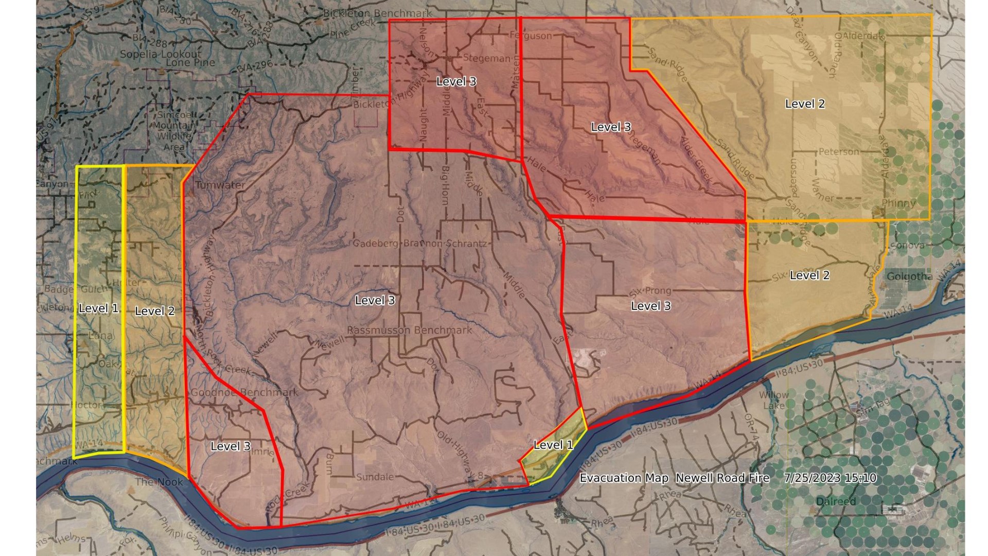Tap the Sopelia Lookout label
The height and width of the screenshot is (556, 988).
pos(161,54)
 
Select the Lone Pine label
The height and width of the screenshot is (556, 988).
pos(190,63)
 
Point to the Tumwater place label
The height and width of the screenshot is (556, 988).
pos(220,185)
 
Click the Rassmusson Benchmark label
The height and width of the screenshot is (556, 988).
pos(409,330)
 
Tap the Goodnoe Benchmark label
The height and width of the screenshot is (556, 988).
pos(244,392)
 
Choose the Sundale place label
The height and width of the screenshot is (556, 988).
pos(375,477)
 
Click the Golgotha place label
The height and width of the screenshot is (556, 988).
pos(909,276)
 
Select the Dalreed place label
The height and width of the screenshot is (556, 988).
pos(836,501)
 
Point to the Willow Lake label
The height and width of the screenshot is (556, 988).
pos(774,399)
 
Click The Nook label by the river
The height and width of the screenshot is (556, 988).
pos(159,482)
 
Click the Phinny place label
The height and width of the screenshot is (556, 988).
pos(898,203)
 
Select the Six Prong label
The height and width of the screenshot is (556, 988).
pos(650,291)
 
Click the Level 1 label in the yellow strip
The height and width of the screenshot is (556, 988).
pos(98,308)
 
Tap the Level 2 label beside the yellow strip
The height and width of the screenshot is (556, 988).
pos(154,311)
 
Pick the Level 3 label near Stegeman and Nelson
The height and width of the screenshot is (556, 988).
pos(456,81)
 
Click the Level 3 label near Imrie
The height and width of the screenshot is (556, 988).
pos(231,446)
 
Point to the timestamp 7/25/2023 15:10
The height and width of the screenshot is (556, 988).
pos(830,478)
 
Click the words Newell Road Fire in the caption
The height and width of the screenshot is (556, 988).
pos(722,478)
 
